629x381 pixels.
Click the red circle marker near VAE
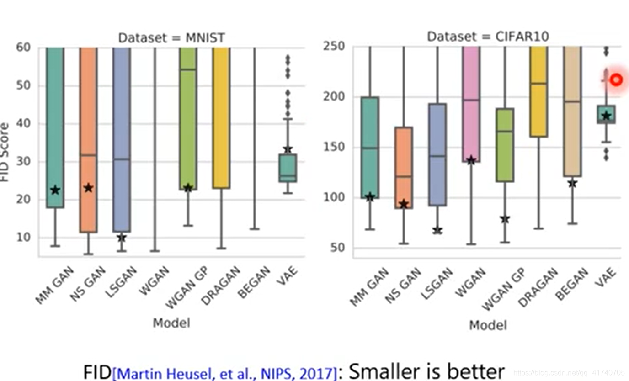click(617, 80)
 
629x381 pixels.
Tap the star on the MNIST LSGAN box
click(122, 238)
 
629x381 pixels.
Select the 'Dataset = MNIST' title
click(171, 38)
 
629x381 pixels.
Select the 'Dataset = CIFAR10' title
click(488, 37)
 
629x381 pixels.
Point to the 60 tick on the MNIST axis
click(23, 47)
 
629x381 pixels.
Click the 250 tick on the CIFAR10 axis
click(334, 46)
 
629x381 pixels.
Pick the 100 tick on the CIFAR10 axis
click(334, 197)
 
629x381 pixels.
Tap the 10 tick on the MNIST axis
click(23, 238)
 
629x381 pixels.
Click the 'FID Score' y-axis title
click(5, 152)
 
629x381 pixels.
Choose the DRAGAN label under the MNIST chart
click(221, 286)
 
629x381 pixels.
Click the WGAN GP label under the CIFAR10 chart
click(503, 289)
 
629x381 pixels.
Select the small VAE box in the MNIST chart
click(288, 168)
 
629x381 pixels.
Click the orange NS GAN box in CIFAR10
click(404, 168)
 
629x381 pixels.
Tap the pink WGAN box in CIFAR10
click(471, 104)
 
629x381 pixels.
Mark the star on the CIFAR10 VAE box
click(607, 116)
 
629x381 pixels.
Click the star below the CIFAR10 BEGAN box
click(573, 184)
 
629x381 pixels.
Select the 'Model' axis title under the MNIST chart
click(171, 323)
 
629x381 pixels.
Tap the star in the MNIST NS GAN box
click(89, 188)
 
